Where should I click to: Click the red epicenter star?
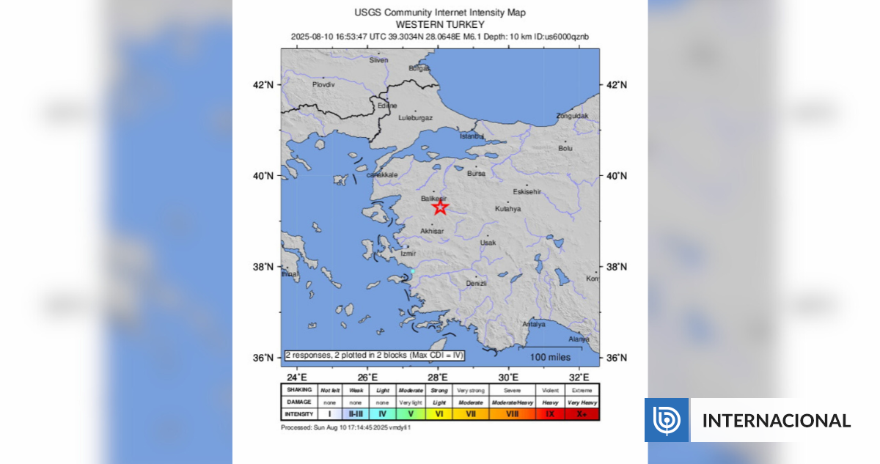coord(440,207)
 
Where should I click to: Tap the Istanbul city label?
coord(472,136)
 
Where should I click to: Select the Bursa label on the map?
coord(476,174)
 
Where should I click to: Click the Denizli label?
coord(476,283)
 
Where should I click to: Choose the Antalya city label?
coord(533,324)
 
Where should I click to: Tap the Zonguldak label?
coord(572,116)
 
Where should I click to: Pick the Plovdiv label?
coord(323,85)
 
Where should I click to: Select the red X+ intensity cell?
coord(581,414)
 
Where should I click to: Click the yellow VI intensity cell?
coord(439,414)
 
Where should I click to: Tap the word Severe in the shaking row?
coord(511,390)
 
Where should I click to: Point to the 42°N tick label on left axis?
coord(263,85)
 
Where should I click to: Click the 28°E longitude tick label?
coord(439,377)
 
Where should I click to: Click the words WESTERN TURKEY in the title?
coord(440,24)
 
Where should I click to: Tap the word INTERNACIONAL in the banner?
coord(777,421)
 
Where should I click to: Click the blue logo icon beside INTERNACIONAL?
coord(667,420)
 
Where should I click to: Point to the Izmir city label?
coord(408,254)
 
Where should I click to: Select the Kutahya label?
coord(507,209)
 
